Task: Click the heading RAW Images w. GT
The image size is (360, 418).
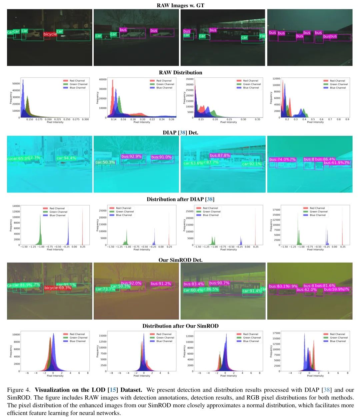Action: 180,5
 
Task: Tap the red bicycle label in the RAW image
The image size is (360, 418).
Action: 50,34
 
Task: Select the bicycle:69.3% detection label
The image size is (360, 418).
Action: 58,288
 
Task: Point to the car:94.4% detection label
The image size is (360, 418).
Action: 66,158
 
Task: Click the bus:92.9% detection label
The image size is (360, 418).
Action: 131,156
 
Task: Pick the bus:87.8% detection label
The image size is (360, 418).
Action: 220,155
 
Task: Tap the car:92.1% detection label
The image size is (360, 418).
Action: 252,164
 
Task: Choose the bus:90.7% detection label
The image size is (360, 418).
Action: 219,283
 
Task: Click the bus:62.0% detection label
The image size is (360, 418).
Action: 306,290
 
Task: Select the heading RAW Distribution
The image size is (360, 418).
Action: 180,73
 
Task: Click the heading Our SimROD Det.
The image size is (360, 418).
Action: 180,260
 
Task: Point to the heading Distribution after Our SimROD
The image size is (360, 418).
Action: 180,326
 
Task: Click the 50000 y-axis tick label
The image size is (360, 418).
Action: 16,84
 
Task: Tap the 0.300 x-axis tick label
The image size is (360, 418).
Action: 85,119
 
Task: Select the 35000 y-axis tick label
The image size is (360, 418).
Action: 189,79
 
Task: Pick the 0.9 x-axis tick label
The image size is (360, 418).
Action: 347,119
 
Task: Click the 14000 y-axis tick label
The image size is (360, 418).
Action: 16,206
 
